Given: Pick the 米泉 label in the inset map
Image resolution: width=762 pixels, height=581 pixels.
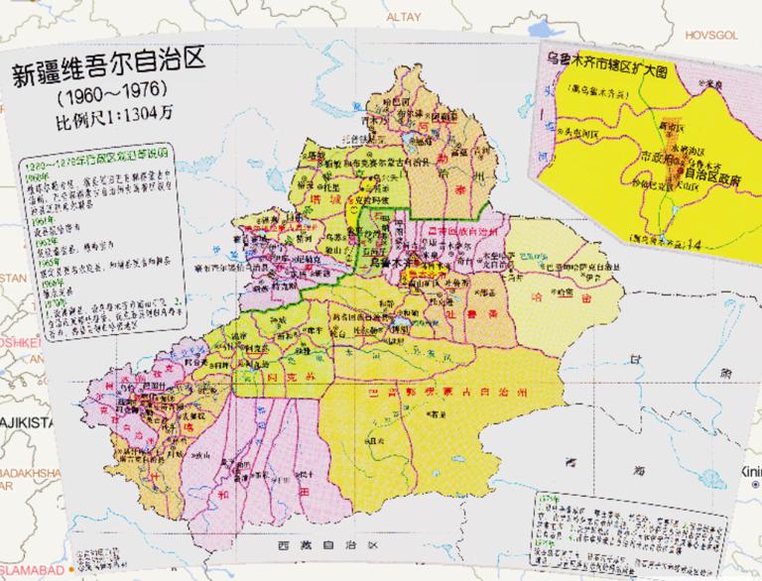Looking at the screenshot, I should (x=705, y=85).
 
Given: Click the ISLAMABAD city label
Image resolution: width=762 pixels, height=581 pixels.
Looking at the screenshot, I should (x=30, y=571).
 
